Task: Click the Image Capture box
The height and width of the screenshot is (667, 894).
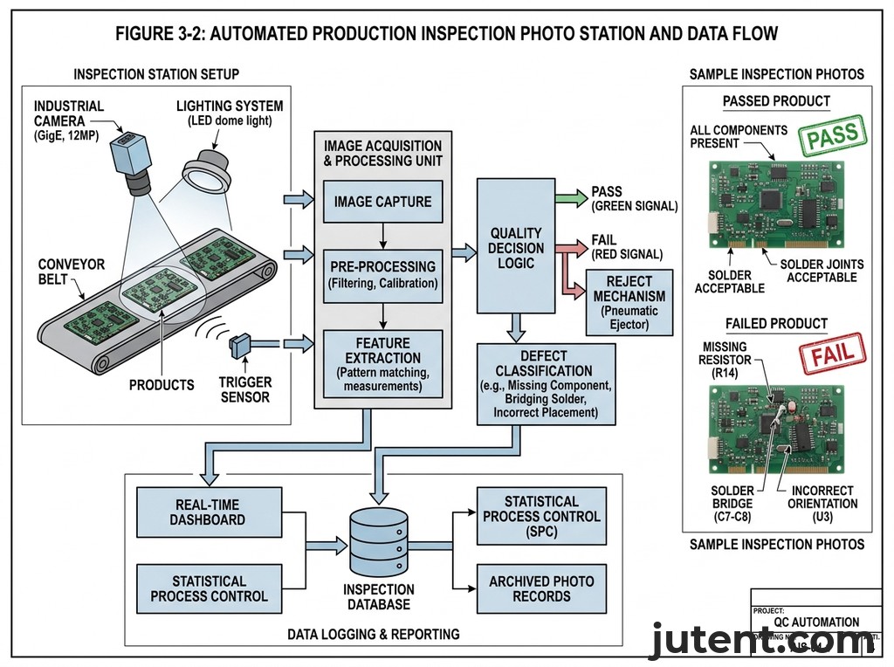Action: [x=382, y=202]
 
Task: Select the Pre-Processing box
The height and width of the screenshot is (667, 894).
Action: [x=382, y=273]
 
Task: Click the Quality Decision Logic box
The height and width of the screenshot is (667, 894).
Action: [x=515, y=246]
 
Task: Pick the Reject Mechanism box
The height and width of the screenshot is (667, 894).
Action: [x=629, y=303]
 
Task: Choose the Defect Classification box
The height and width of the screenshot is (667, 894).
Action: [x=546, y=383]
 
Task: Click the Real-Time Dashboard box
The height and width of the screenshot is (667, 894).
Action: [x=210, y=512]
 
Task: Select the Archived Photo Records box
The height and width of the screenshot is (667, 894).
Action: [x=541, y=588]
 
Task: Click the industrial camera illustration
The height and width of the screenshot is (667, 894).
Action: [x=131, y=162]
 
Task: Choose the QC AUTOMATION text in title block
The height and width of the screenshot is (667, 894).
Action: [x=815, y=622]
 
